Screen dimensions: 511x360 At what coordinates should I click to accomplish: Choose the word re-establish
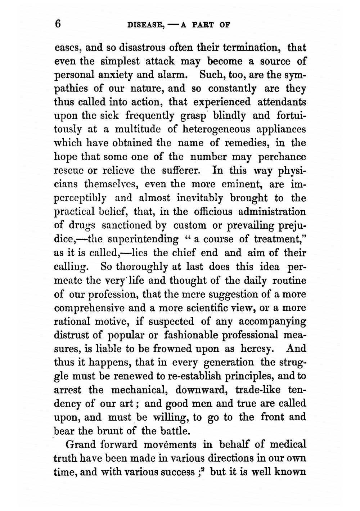click(x=191, y=376)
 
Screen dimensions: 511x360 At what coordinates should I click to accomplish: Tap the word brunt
click(x=111, y=431)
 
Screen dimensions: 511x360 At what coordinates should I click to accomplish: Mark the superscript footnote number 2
click(x=203, y=470)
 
